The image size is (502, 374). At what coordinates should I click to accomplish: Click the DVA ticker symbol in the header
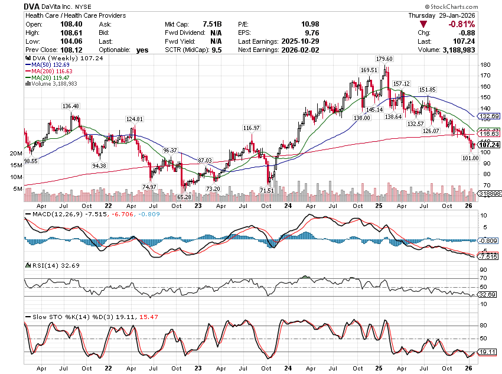click(x=33, y=6)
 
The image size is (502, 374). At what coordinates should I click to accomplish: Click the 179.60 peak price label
click(x=384, y=59)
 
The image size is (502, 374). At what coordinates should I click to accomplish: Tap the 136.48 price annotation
click(x=70, y=106)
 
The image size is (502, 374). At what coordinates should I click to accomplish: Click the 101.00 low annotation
click(x=470, y=158)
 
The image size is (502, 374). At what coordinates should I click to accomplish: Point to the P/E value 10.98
click(x=295, y=24)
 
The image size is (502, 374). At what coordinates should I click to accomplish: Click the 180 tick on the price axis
click(x=484, y=65)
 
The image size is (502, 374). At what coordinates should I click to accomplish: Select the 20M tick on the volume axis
click(x=17, y=153)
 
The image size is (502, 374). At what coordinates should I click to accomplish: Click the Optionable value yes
click(x=142, y=50)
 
